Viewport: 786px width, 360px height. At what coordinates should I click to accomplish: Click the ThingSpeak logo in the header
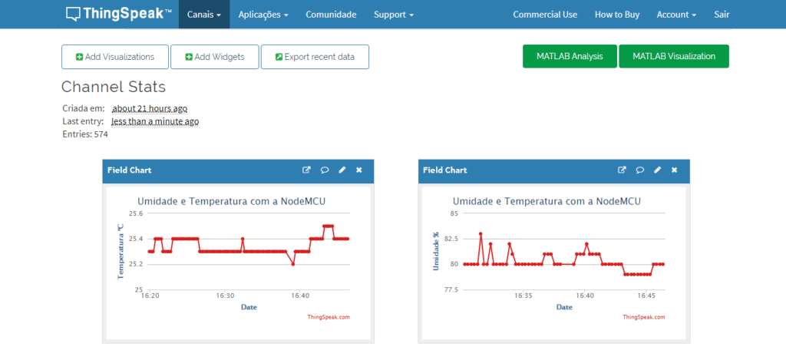119,14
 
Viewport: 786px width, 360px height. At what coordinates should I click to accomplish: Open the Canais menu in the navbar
204,15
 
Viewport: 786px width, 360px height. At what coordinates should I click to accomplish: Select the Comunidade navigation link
331,15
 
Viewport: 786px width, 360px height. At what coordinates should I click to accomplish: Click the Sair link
722,15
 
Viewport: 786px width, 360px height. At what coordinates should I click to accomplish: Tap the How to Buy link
617,15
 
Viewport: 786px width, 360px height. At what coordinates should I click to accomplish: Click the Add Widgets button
215,57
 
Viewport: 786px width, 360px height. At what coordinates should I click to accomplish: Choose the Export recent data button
315,57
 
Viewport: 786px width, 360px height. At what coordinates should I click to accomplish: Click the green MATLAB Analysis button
570,56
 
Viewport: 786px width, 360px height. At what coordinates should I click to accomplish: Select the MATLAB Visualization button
674,56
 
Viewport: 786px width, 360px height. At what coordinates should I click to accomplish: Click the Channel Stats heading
114,87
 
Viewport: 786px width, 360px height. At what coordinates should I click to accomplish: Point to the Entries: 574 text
85,134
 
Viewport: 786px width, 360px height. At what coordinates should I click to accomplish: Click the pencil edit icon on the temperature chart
342,170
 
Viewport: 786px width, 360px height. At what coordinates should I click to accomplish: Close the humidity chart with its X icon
674,170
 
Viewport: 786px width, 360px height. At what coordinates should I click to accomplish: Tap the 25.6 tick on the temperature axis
136,213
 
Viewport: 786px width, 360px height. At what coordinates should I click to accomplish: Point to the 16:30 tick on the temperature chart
225,296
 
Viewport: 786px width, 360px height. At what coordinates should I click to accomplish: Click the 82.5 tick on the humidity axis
451,239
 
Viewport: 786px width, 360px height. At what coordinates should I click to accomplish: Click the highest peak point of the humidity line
481,233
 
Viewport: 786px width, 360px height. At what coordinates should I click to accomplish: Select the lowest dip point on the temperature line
292,264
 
